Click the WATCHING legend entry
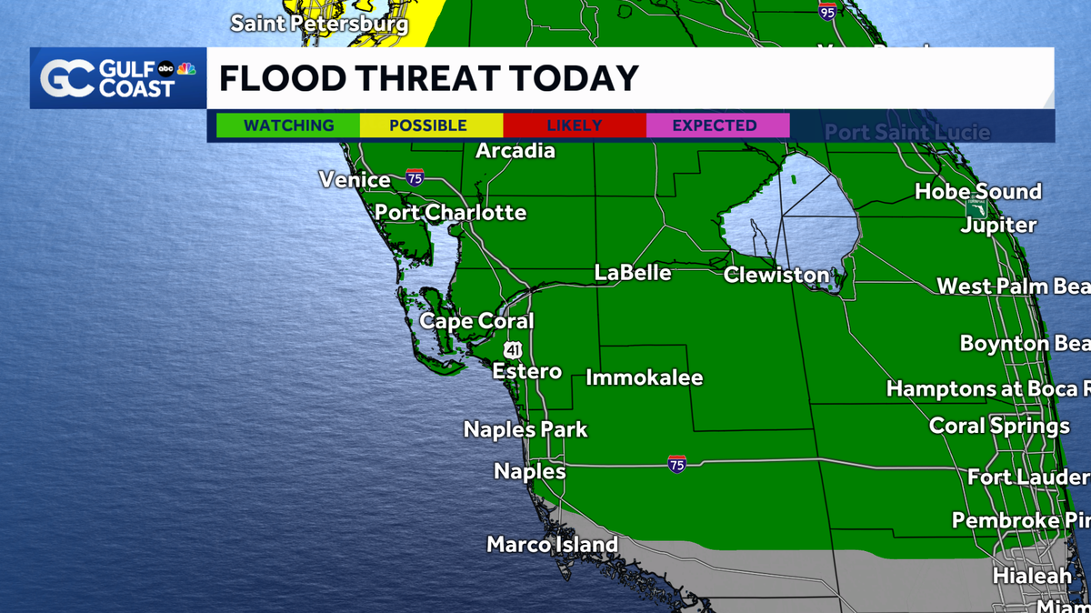point(289,126)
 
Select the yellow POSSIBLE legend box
point(428,126)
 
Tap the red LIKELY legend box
point(574,126)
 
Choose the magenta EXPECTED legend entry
point(715,126)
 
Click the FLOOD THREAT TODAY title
point(429,78)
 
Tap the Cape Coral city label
point(476,321)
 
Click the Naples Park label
point(525,429)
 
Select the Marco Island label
point(552,545)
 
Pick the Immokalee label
point(645,377)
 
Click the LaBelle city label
point(633,273)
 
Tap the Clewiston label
point(776,275)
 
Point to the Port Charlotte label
point(451,213)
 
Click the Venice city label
point(355,180)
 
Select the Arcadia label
point(515,151)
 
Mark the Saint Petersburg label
point(319,24)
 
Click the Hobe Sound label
point(978,192)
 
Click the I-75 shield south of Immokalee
point(676,464)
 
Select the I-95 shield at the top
point(826,11)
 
